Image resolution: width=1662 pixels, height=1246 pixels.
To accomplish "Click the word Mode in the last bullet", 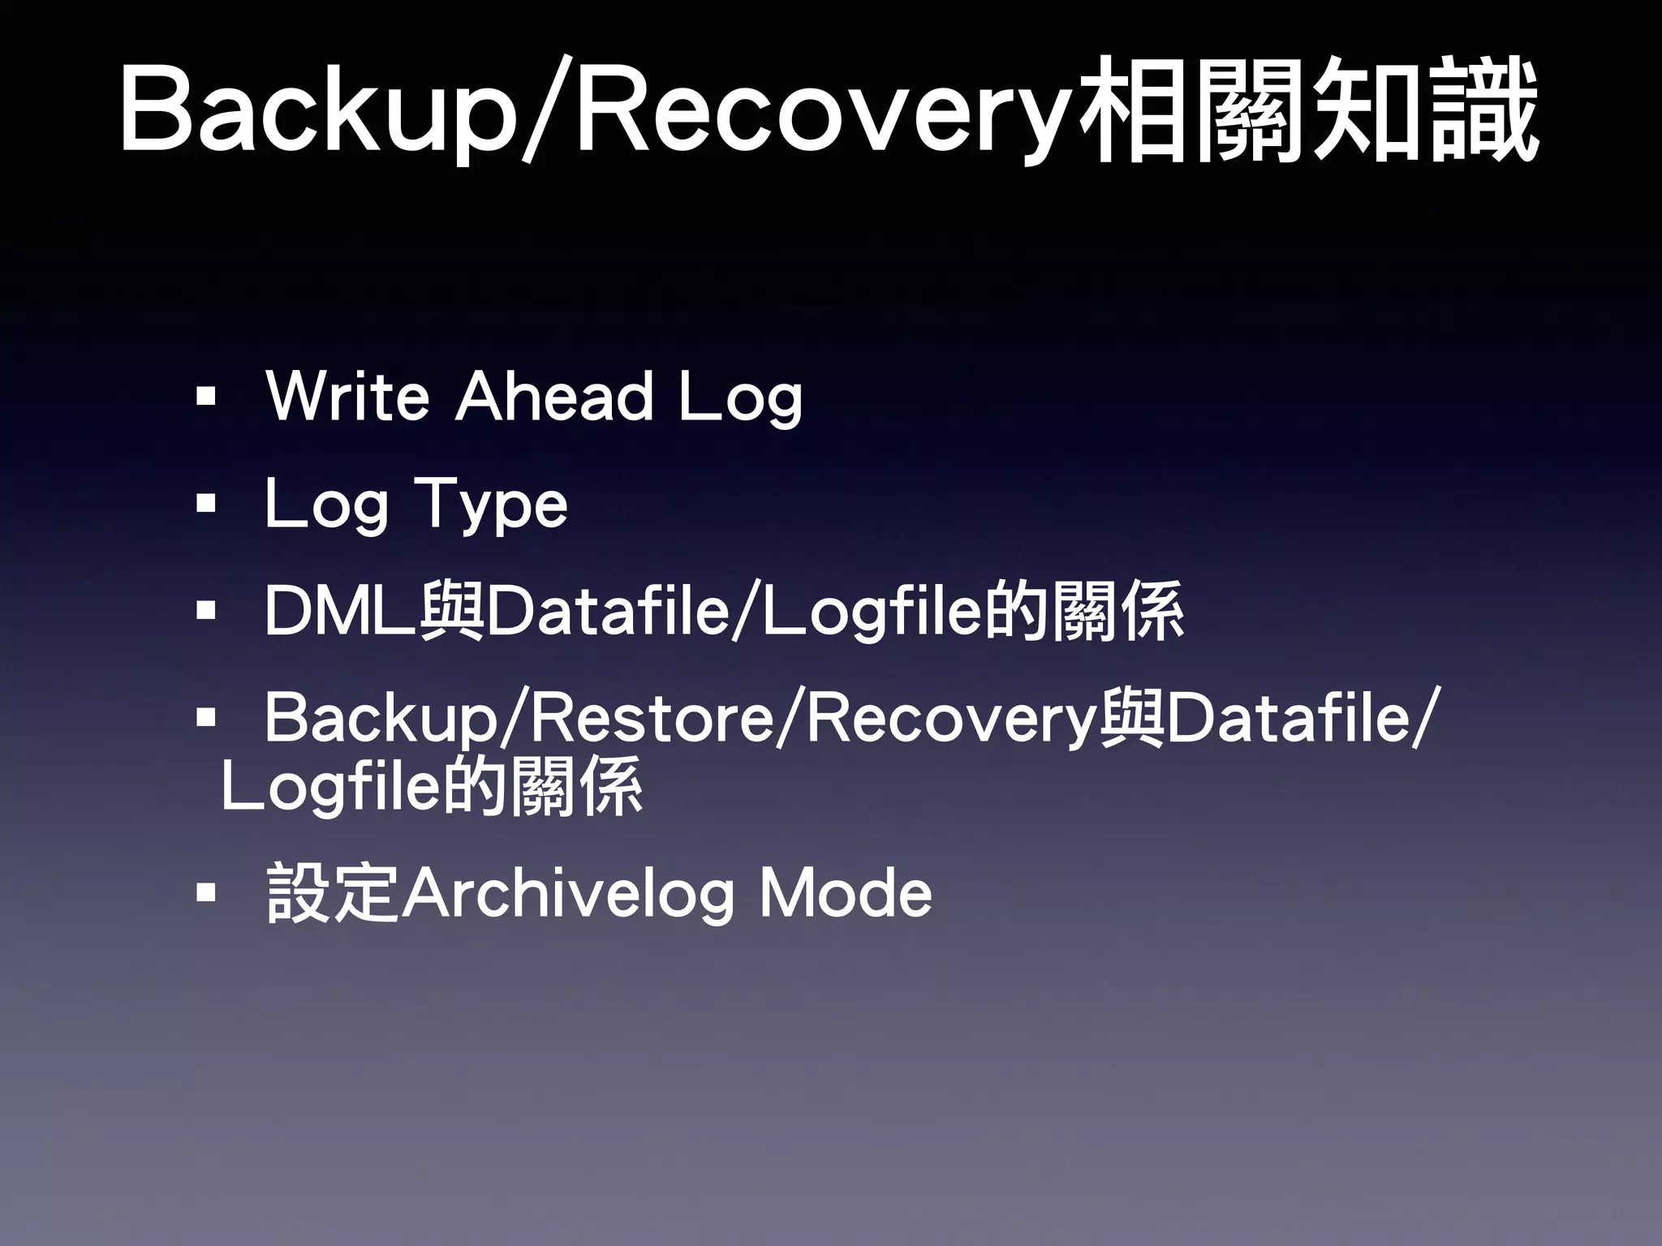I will pos(846,893).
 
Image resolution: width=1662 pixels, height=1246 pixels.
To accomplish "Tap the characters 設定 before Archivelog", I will pos(333,893).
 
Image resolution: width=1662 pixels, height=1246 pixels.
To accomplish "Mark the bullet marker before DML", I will pos(206,610).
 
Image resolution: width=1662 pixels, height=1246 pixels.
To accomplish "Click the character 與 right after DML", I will pos(451,612).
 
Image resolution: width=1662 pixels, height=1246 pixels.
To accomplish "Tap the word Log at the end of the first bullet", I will pos(740,397).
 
